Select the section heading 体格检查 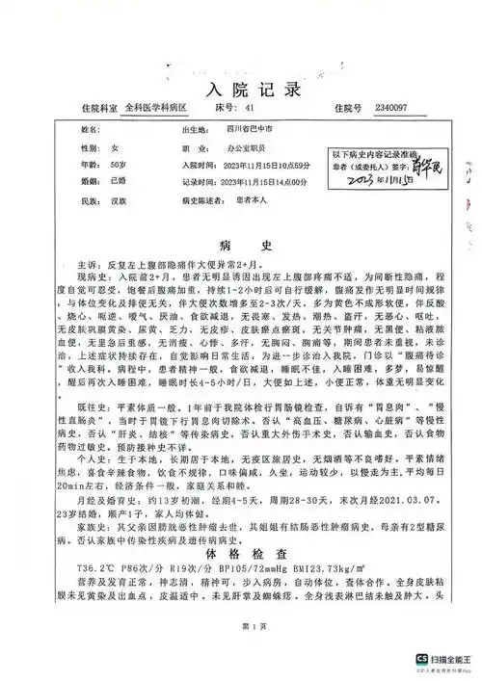click(x=240, y=554)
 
